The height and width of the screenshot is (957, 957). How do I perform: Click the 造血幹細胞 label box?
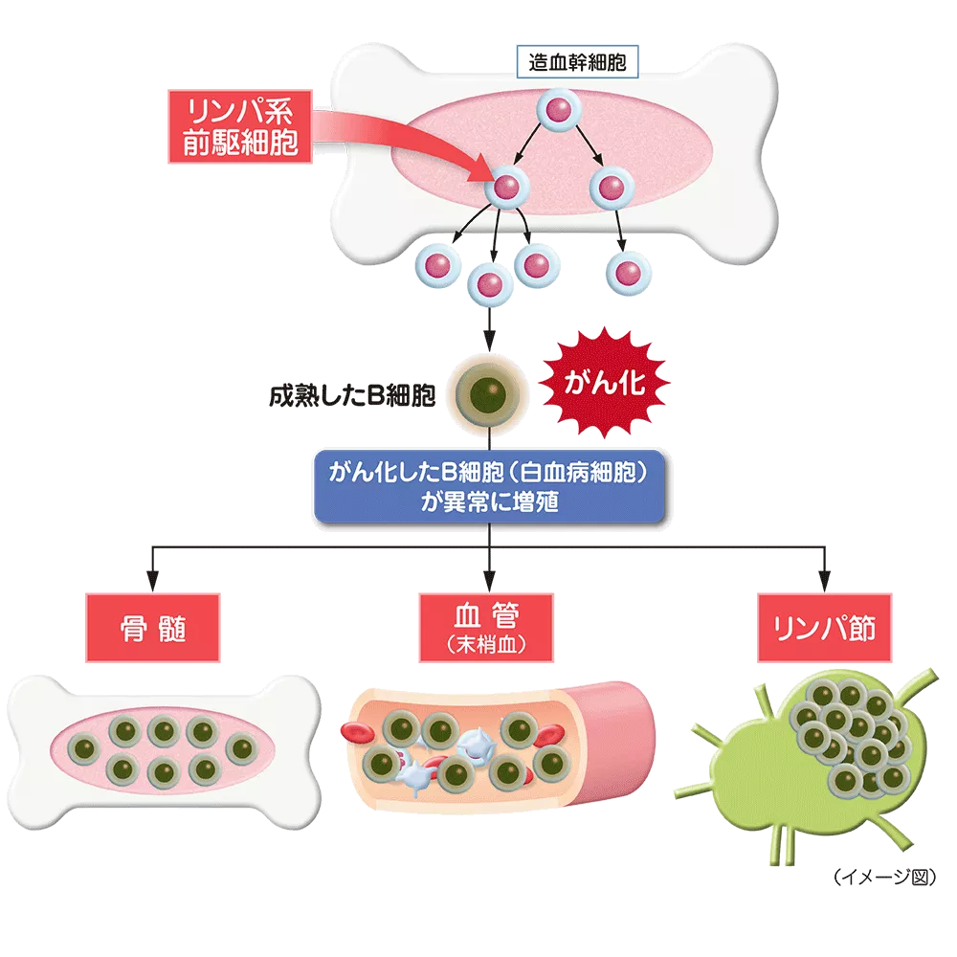[x=577, y=64]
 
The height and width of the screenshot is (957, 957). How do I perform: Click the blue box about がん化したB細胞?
[x=490, y=487]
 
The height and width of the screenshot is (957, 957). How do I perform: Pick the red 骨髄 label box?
[x=153, y=628]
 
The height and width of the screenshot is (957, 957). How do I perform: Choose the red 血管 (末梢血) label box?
[x=488, y=627]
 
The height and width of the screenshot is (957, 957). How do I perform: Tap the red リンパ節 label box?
[x=824, y=627]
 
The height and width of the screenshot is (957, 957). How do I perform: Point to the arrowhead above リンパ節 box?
[x=824, y=581]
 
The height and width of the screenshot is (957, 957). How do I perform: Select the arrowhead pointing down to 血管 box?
[x=489, y=581]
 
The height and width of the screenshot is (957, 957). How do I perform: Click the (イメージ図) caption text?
[x=883, y=876]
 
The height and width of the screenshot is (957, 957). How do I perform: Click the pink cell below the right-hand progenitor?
[x=629, y=274]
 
